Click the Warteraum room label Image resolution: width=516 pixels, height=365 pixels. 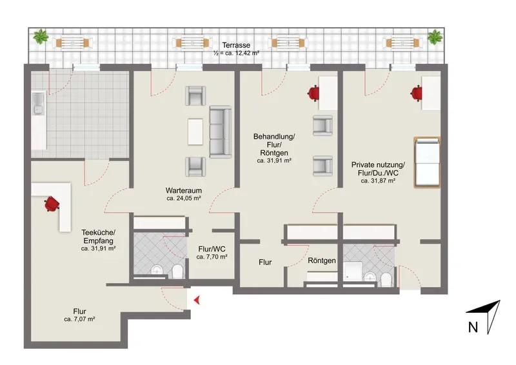pos(184,191)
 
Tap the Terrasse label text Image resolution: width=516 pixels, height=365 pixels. pos(236,45)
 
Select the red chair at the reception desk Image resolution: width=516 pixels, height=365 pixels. pos(52,204)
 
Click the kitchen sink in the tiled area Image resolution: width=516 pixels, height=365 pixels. pos(38,103)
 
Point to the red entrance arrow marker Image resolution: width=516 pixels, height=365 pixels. pos(197,300)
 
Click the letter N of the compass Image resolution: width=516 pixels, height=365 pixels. pos(473,328)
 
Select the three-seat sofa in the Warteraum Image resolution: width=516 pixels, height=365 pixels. pos(221,132)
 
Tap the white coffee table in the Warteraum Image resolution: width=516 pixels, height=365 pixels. pos(195,132)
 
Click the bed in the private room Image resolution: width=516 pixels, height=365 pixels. pos(427,163)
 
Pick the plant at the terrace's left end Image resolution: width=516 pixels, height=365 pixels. pos(41,37)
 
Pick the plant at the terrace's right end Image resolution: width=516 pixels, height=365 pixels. pos(435,37)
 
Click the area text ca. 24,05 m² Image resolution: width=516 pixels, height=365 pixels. pos(184,199)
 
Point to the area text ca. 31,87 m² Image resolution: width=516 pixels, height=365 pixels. pos(378,181)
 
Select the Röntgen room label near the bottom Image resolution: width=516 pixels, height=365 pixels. pos(321,261)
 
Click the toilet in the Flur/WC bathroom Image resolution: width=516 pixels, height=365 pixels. pos(178,272)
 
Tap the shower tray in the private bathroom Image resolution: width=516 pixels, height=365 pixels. pos(352,271)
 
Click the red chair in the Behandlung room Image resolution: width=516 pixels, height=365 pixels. pos(313,93)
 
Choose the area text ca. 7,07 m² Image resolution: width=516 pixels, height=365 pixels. pos(79,319)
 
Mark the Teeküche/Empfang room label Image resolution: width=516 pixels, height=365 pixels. pos(99,237)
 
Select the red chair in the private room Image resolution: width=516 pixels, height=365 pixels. pos(417,93)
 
